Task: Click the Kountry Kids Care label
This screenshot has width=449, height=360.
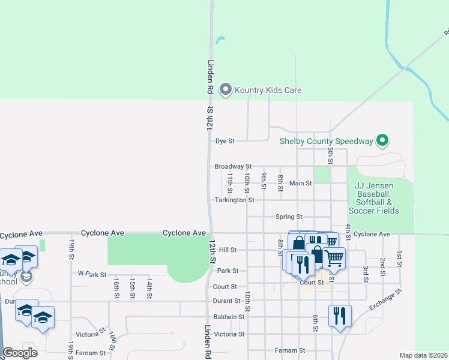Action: pos(268,90)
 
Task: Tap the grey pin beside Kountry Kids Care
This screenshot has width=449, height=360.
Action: pos(226,90)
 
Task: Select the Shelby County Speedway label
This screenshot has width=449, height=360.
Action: pos(327,142)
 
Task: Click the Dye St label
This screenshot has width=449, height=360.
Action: pos(224,142)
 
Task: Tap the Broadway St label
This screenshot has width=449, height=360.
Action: pos(232,166)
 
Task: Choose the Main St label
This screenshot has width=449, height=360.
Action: pos(300,183)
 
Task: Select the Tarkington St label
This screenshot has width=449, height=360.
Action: pos(235,200)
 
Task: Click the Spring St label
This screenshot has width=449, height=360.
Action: pos(289,217)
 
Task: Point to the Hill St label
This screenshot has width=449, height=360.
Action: pos(228,250)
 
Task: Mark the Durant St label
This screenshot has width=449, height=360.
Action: pos(226,301)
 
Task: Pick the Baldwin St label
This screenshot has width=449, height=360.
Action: pos(229,317)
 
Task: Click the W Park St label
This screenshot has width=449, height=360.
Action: pos(92,274)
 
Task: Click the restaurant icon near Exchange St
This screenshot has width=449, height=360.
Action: pos(340,315)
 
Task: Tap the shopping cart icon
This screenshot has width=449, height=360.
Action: pos(334,258)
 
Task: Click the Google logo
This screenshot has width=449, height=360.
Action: pos(20,353)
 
